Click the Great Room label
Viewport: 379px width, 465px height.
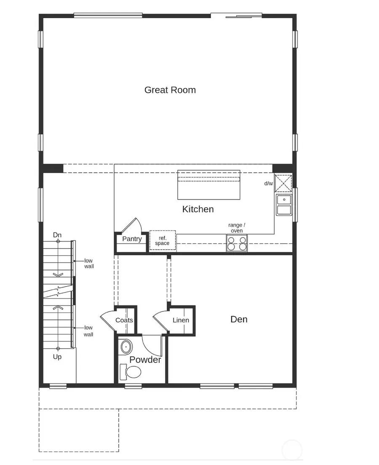pos(170,90)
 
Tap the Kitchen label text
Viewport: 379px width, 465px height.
pos(198,209)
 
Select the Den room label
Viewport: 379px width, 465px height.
pos(239,319)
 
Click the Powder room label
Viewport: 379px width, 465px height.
pos(145,360)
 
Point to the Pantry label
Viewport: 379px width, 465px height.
pos(132,239)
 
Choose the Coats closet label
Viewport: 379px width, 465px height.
pos(124,320)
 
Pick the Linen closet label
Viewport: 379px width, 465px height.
pos(181,320)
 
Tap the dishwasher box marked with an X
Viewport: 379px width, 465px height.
pos(283,183)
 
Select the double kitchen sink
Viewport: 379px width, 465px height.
pos(284,205)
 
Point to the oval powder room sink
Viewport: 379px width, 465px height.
pos(126,347)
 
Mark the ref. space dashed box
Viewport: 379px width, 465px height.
pos(163,241)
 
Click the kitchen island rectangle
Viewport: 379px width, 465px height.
pos(208,185)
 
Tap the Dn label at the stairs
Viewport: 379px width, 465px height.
pos(58,235)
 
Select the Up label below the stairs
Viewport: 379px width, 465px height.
pos(57,357)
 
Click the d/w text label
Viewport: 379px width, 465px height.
pos(268,184)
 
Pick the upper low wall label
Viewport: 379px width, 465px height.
pos(89,263)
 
